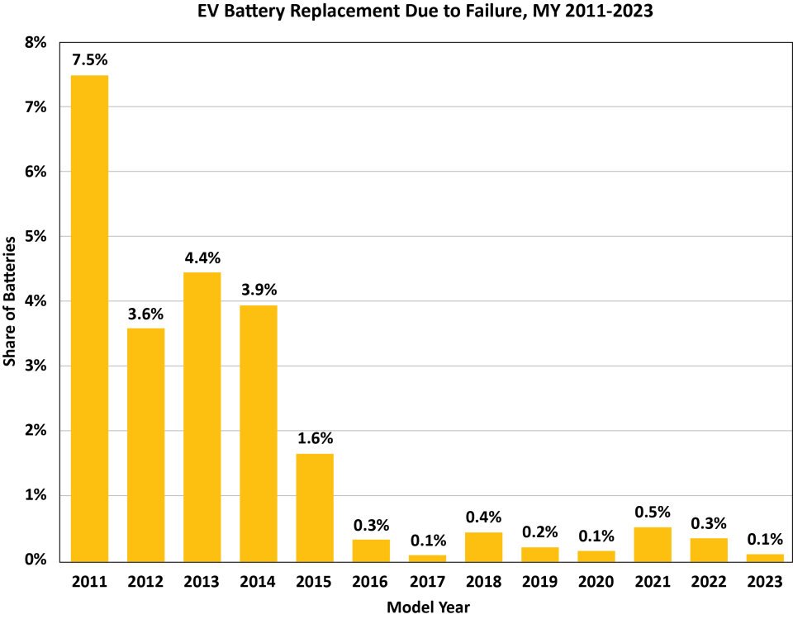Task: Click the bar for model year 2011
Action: point(89,318)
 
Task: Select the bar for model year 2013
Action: point(202,417)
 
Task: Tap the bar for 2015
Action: point(315,507)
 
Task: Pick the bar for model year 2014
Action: point(259,432)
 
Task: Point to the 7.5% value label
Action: point(89,59)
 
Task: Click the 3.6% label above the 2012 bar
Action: point(145,314)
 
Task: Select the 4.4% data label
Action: point(202,257)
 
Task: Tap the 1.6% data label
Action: point(315,438)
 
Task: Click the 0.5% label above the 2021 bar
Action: point(653,512)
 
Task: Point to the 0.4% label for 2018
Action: point(483,517)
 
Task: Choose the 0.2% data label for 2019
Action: point(540,532)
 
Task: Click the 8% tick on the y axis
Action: point(36,43)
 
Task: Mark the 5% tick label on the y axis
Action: point(36,237)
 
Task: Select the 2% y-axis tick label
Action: point(36,431)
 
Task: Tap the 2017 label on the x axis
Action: point(427,581)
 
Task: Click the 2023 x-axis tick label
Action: point(765,581)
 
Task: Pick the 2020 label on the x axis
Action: point(596,581)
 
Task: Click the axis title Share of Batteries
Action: point(11,301)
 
